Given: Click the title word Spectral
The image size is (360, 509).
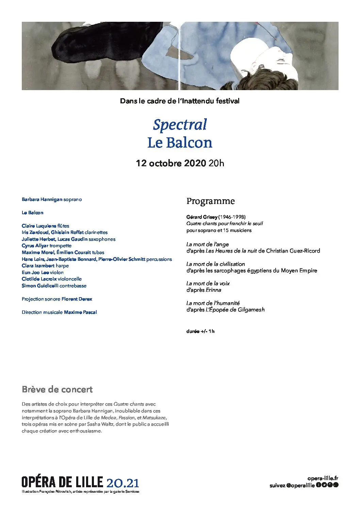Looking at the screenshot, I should pyautogui.click(x=180, y=125).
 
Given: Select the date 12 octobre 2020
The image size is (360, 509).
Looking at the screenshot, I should pyautogui.click(x=171, y=163).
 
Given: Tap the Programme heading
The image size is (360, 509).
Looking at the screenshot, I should pyautogui.click(x=210, y=201).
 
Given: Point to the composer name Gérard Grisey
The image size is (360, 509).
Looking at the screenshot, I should pyautogui.click(x=202, y=217).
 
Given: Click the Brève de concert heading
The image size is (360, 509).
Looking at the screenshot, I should pyautogui.click(x=57, y=389).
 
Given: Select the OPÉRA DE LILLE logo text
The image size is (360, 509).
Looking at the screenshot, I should pyautogui.click(x=62, y=482).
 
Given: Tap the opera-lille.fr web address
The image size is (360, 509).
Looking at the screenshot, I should pyautogui.click(x=323, y=478).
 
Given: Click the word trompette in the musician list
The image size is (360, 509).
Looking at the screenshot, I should pyautogui.click(x=60, y=246).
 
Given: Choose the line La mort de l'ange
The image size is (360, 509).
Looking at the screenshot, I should pyautogui.click(x=207, y=244).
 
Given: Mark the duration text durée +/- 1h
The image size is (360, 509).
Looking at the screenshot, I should pyautogui.click(x=200, y=331).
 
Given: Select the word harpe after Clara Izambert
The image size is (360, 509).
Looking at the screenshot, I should pyautogui.click(x=62, y=266).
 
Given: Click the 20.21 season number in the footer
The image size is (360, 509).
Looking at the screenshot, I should pyautogui.click(x=123, y=483).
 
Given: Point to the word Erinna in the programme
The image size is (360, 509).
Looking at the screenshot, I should pyautogui.click(x=213, y=290).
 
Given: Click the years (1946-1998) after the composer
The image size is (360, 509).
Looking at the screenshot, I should pyautogui.click(x=232, y=217).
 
